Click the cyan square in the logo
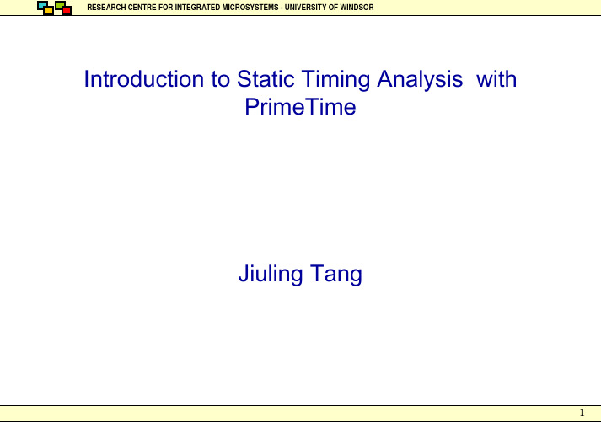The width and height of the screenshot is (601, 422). (x=41, y=5)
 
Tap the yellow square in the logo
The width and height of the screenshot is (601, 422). (x=49, y=11)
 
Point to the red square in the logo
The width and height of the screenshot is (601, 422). (x=67, y=10)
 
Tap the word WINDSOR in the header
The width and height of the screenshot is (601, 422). (x=357, y=8)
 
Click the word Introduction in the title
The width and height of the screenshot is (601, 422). (x=144, y=79)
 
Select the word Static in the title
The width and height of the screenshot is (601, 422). (x=266, y=79)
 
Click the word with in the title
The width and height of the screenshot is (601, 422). (x=496, y=79)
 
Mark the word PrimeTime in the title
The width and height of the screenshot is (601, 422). (x=300, y=106)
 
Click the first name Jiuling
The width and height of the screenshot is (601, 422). (x=271, y=275)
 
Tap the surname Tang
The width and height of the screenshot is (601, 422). (x=336, y=275)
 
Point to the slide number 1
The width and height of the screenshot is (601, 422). (x=582, y=413)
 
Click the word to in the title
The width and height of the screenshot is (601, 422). (x=220, y=79)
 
